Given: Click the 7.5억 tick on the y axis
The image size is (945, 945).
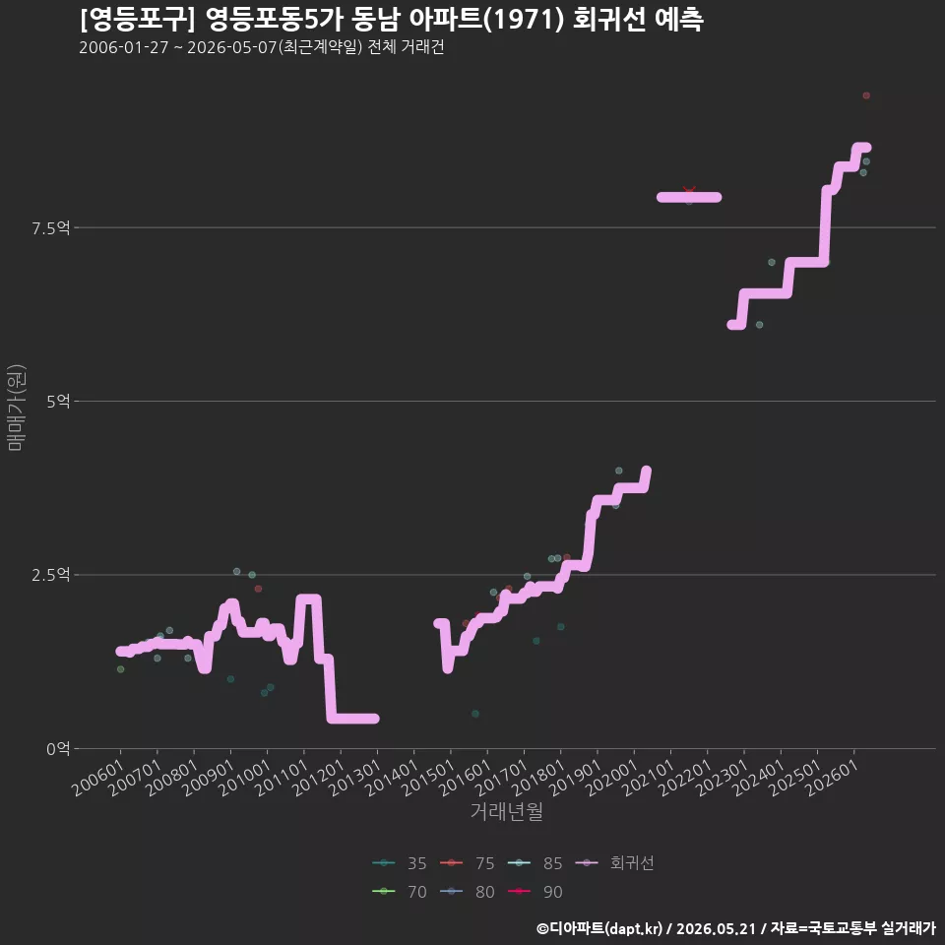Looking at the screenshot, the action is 50,227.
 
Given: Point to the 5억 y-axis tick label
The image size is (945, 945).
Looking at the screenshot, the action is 58,402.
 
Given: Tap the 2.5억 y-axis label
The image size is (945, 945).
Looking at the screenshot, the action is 50,575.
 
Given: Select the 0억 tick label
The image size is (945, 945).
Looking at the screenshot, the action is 58,748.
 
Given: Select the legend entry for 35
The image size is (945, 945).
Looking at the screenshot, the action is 400,863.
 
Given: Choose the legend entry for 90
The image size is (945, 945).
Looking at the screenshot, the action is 535,892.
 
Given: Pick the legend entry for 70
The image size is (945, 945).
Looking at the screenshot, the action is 400,892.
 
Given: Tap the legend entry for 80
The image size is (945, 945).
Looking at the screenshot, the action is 468,892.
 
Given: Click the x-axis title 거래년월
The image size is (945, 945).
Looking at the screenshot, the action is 506,811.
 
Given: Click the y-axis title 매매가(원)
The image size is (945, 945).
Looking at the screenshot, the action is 16,408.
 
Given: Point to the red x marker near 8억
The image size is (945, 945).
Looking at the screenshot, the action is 689,191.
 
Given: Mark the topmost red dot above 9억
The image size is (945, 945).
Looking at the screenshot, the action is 866,95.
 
